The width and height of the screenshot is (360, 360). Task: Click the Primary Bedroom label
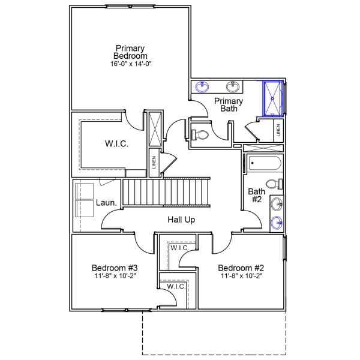tap(130, 52)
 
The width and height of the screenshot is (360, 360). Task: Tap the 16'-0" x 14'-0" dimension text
tap(130, 64)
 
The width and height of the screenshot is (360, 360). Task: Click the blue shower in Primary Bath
tap(274, 98)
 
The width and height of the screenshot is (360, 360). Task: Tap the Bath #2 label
tap(256, 196)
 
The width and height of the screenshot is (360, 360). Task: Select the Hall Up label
tap(181, 220)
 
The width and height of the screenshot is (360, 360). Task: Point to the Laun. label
tap(106, 203)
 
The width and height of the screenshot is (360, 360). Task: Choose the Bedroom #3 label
tap(115, 268)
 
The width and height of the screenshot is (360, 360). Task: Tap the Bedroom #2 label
tap(241, 268)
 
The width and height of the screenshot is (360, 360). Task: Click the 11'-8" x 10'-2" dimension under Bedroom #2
tap(241, 276)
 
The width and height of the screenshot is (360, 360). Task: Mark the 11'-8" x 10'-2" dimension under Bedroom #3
tap(115, 276)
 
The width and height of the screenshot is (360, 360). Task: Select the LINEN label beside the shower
tap(278, 129)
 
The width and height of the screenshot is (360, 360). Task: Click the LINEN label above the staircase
tap(154, 163)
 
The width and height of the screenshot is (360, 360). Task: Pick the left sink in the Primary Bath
tap(202, 86)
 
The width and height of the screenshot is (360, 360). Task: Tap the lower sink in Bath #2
tap(277, 223)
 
